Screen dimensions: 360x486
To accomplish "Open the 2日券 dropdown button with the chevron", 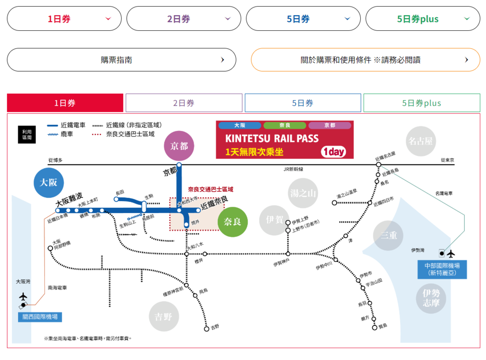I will click(184, 19).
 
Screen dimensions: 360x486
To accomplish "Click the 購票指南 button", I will click(121, 60).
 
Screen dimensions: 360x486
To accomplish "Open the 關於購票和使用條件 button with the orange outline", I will click(365, 60).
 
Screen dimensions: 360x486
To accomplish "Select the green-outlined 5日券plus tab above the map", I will click(421, 103).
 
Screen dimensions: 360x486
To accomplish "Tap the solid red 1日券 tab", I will click(65, 103).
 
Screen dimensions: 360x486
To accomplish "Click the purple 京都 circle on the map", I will click(179, 146).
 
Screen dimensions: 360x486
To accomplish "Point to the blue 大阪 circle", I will click(48, 182).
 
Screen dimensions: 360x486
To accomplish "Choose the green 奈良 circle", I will click(233, 222).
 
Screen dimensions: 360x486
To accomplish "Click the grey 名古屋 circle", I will click(421, 141).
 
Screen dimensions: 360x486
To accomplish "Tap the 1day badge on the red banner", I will click(333, 152).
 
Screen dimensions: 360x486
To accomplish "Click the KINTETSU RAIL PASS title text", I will click(272, 139).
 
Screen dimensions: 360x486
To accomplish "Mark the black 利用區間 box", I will click(27, 134).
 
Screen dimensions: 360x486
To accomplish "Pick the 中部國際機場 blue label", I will click(442, 269).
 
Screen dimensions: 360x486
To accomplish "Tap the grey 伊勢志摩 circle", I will click(431, 298).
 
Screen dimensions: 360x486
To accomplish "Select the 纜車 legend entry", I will click(66, 134).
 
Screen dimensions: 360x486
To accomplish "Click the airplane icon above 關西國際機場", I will click(23, 296).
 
